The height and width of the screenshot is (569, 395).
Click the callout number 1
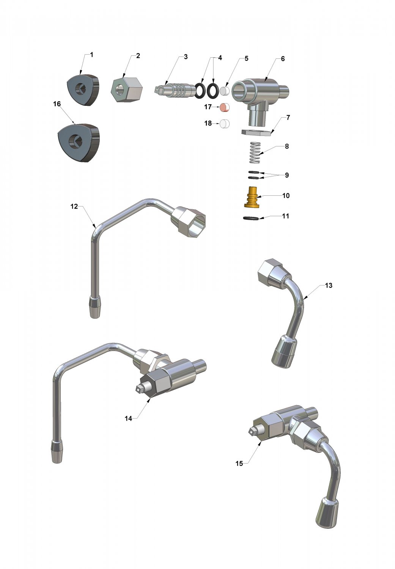[92, 55]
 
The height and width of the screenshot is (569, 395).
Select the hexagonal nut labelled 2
[127, 90]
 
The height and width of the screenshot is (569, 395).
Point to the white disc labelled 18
[224, 123]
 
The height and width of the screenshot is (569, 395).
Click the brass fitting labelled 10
[252, 197]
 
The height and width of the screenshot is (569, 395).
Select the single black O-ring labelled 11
[251, 218]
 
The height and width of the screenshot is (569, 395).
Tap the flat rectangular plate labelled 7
[257, 133]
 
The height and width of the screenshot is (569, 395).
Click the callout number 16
[57, 104]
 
